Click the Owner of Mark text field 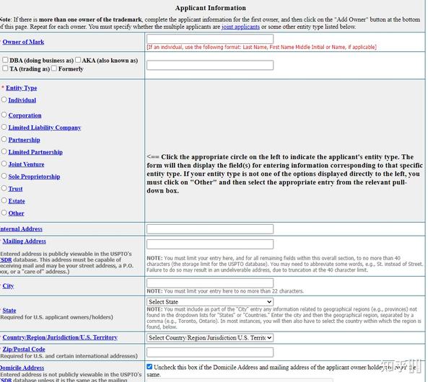[209, 38]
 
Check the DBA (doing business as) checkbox [6, 61]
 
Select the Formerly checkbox [54, 68]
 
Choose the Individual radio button [4, 99]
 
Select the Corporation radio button [4, 115]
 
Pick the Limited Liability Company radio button [4, 127]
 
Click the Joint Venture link [26, 164]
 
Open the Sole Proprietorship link [34, 177]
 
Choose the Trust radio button [4, 188]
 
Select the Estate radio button [4, 200]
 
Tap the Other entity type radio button [4, 213]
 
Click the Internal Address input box [209, 228]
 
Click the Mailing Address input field [209, 244]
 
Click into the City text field [209, 283]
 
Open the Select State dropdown [209, 302]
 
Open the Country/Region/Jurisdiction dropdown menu [209, 337]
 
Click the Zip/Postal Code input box [209, 352]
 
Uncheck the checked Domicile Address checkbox [150, 367]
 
